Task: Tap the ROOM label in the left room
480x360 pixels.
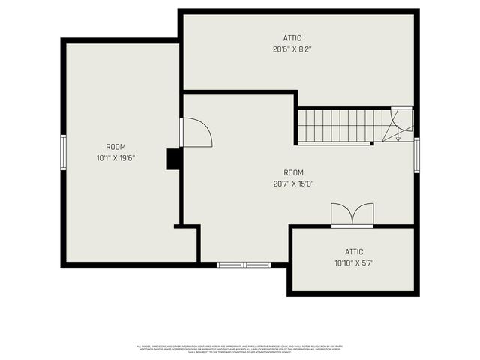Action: pyautogui.click(x=115, y=147)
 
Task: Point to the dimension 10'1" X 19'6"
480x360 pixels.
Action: pyautogui.click(x=115, y=158)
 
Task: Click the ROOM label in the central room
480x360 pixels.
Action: pyautogui.click(x=294, y=172)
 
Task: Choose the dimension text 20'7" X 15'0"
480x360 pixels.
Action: pyautogui.click(x=294, y=184)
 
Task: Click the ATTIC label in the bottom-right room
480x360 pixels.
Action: pyautogui.click(x=354, y=252)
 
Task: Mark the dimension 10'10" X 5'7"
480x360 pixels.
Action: pyautogui.click(x=354, y=263)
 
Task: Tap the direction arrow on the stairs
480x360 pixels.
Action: pyautogui.click(x=397, y=135)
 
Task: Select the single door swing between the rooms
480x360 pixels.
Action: pyautogui.click(x=196, y=133)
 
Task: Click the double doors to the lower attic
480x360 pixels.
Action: pyautogui.click(x=352, y=214)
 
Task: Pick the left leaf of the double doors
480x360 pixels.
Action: pyautogui.click(x=342, y=214)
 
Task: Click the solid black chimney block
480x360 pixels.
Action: pyautogui.click(x=173, y=159)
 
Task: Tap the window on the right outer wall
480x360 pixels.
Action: pyautogui.click(x=416, y=156)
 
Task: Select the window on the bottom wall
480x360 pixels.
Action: pyautogui.click(x=244, y=264)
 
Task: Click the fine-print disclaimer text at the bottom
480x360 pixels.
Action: pyautogui.click(x=240, y=348)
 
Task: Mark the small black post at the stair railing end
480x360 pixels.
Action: pyautogui.click(x=372, y=142)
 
